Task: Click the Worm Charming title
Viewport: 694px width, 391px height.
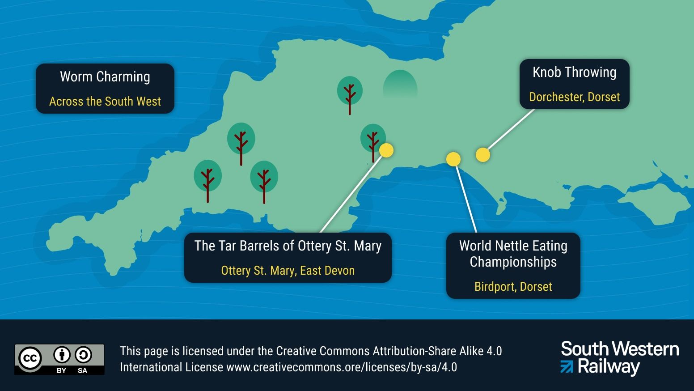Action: point(105,77)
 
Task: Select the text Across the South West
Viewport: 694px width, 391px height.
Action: point(105,102)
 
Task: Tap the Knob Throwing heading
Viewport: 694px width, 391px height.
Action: point(574,72)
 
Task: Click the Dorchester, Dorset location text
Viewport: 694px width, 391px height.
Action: point(574,97)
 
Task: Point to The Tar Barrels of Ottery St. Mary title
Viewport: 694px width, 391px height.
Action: point(288,246)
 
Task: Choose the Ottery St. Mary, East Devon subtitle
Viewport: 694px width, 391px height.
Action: point(288,271)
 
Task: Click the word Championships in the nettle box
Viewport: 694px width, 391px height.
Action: point(513,262)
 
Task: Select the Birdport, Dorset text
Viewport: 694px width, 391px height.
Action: point(513,287)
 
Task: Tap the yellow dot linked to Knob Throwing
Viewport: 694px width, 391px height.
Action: point(482,155)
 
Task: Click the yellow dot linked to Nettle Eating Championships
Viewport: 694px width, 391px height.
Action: point(453,159)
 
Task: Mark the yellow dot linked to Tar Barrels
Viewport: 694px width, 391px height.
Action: point(386,150)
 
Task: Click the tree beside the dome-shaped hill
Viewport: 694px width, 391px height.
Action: point(350,92)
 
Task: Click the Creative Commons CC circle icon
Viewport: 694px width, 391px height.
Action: point(30,358)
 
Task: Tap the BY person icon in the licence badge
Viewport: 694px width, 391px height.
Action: point(62,355)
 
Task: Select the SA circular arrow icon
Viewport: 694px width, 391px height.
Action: point(83,355)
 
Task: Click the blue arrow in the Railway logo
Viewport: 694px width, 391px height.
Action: point(567,367)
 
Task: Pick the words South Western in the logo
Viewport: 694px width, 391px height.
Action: point(620,349)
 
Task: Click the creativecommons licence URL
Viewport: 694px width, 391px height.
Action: point(342,367)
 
